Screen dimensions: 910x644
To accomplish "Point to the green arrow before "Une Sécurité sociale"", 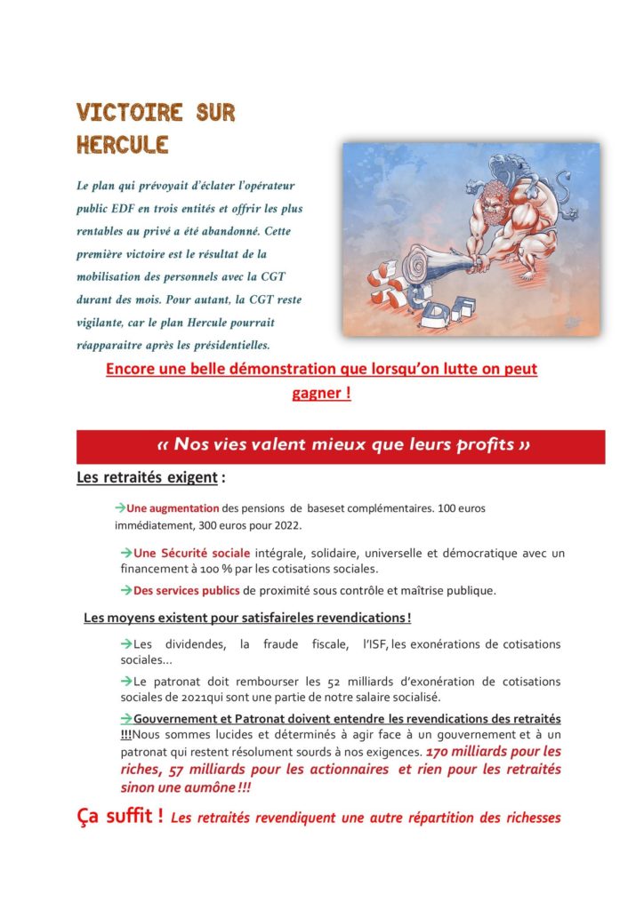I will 126,553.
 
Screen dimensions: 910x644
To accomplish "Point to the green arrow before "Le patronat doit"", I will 126,681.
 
